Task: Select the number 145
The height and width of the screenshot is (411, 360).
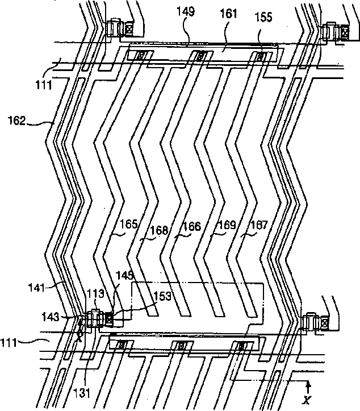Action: tap(125, 275)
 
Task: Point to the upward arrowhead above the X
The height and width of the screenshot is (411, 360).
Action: tap(307, 384)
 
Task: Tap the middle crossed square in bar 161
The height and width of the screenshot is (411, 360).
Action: tap(199, 56)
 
